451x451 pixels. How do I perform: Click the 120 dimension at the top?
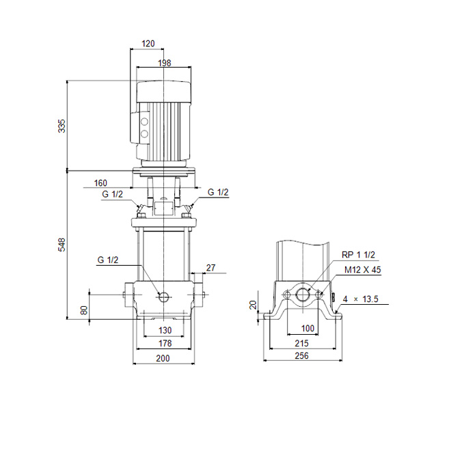click(x=148, y=44)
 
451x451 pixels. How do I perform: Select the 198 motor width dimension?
click(x=165, y=63)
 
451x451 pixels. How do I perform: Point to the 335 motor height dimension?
click(x=61, y=126)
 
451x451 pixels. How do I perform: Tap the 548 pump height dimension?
click(x=61, y=245)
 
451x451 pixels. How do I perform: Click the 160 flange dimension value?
click(x=100, y=183)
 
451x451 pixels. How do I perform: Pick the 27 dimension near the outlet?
click(x=211, y=268)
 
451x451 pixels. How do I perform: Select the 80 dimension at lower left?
click(x=84, y=310)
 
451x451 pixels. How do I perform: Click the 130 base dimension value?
click(x=165, y=330)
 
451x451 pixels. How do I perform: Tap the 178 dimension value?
click(x=165, y=343)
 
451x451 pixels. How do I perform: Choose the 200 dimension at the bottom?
click(x=163, y=358)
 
